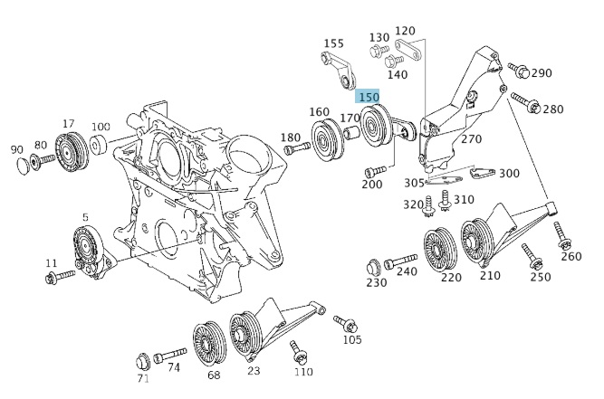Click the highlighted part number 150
coord(369,97)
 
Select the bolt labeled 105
coord(344,323)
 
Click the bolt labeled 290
coord(516,68)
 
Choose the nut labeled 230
coord(373,267)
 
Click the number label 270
coord(471,140)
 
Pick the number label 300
coord(509,174)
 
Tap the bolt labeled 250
coord(532,258)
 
